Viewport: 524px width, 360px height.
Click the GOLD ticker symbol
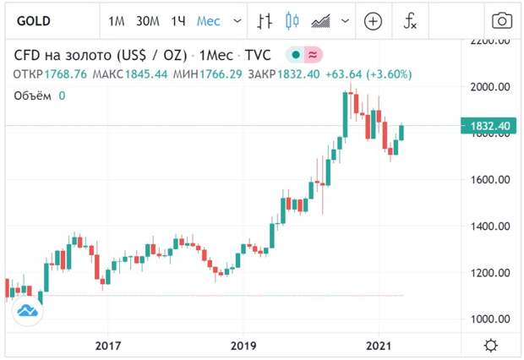coord(35,20)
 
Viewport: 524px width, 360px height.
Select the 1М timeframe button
coord(117,20)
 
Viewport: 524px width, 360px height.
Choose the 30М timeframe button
coord(148,20)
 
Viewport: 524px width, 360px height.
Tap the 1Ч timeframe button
coord(177,20)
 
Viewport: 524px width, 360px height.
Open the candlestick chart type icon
coord(292,20)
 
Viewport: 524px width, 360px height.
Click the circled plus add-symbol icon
coord(373,20)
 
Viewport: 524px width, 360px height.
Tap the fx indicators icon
coord(410,20)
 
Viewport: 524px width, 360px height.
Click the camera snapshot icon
coord(501,20)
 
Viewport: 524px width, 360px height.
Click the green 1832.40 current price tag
coord(488,126)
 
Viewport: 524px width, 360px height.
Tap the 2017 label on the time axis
coord(108,346)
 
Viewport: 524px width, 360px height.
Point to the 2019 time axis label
coord(243,346)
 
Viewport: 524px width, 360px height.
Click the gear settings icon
coord(490,346)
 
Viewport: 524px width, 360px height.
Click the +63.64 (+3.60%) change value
coord(369,74)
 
